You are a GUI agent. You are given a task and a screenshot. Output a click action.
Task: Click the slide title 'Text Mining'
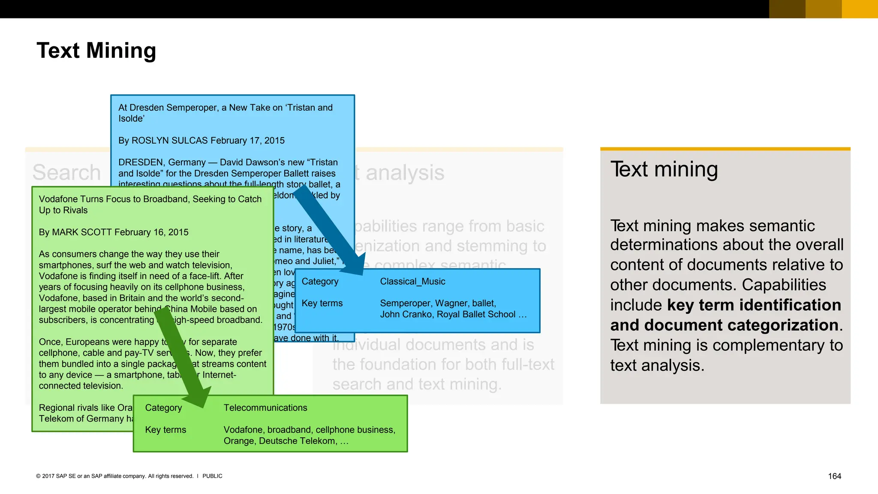tap(96, 51)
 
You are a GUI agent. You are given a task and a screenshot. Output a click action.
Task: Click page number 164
tap(834, 476)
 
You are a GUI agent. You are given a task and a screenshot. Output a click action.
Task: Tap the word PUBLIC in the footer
tap(212, 476)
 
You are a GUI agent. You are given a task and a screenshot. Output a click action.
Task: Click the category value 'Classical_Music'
tap(412, 281)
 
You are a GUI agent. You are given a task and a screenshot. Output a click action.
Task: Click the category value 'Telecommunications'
tap(265, 408)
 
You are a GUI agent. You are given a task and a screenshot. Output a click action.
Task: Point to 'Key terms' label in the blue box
tap(322, 303)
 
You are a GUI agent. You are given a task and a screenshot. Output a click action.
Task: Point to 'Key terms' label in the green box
tap(165, 430)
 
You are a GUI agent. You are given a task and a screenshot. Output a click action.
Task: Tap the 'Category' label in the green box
tap(163, 408)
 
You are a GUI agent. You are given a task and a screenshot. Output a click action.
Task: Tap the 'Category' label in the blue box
tap(320, 281)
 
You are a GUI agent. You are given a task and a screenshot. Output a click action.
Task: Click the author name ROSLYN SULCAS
tap(169, 141)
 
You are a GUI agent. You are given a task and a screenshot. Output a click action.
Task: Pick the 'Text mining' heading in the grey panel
tap(664, 169)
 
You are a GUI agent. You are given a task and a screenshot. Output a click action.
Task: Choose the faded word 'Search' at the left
tap(66, 172)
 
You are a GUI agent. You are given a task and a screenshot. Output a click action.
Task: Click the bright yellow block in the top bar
tap(860, 9)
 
